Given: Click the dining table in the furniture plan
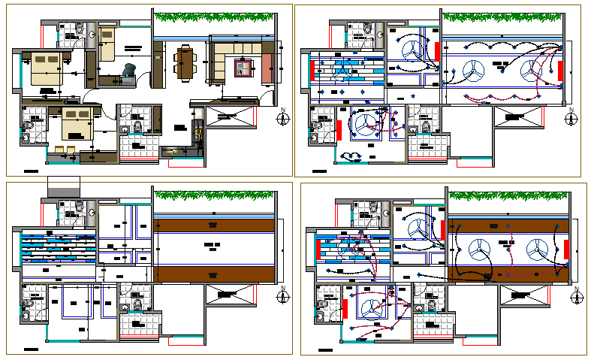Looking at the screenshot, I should click(x=184, y=62).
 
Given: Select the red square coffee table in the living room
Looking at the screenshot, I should click(x=242, y=68).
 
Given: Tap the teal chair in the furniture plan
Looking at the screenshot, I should click(x=128, y=71).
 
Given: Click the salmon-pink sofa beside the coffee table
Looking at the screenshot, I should click(x=267, y=68).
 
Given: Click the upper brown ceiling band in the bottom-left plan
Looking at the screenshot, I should click(x=213, y=225).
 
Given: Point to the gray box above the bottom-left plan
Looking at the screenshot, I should click(x=63, y=187).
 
